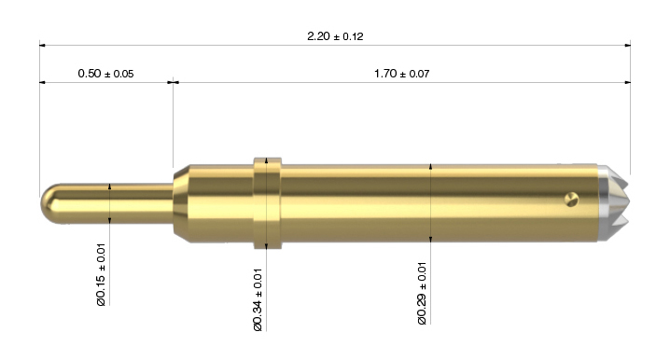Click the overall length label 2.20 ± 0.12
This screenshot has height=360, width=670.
tap(335, 36)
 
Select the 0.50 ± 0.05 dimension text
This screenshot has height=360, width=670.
tap(105, 74)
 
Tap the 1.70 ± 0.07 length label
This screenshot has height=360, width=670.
tap(401, 74)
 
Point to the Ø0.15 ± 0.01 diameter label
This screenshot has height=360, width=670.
tap(101, 274)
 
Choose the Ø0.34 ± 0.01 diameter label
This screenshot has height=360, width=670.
tap(258, 299)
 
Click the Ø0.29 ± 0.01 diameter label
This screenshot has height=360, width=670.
tap(422, 294)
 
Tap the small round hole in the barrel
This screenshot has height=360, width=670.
tap(571, 200)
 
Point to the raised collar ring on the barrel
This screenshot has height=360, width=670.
tap(268, 203)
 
